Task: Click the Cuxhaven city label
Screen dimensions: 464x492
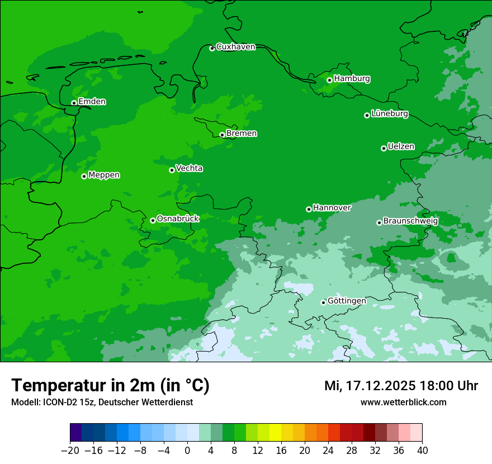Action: [235, 47]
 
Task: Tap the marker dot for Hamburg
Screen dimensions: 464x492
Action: [329, 80]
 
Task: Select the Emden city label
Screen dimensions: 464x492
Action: [92, 102]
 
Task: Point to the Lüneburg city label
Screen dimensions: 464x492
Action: [389, 114]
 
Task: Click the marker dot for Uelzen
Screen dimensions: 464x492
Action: [384, 148]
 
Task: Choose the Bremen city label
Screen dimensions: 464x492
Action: [241, 134]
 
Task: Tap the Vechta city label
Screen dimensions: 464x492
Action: [189, 168]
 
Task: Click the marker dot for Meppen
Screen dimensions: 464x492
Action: [84, 176]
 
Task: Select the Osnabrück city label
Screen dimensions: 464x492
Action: [178, 219]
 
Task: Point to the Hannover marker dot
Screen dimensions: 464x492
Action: [309, 209]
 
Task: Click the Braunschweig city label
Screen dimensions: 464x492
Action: [410, 221]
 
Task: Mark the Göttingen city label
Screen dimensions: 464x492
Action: [347, 301]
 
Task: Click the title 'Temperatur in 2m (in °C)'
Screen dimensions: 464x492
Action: [110, 386]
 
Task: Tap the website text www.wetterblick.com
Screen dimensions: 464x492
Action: [403, 403]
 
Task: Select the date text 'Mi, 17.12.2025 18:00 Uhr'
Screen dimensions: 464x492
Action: [401, 386]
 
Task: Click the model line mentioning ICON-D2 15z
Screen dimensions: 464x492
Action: [102, 403]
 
